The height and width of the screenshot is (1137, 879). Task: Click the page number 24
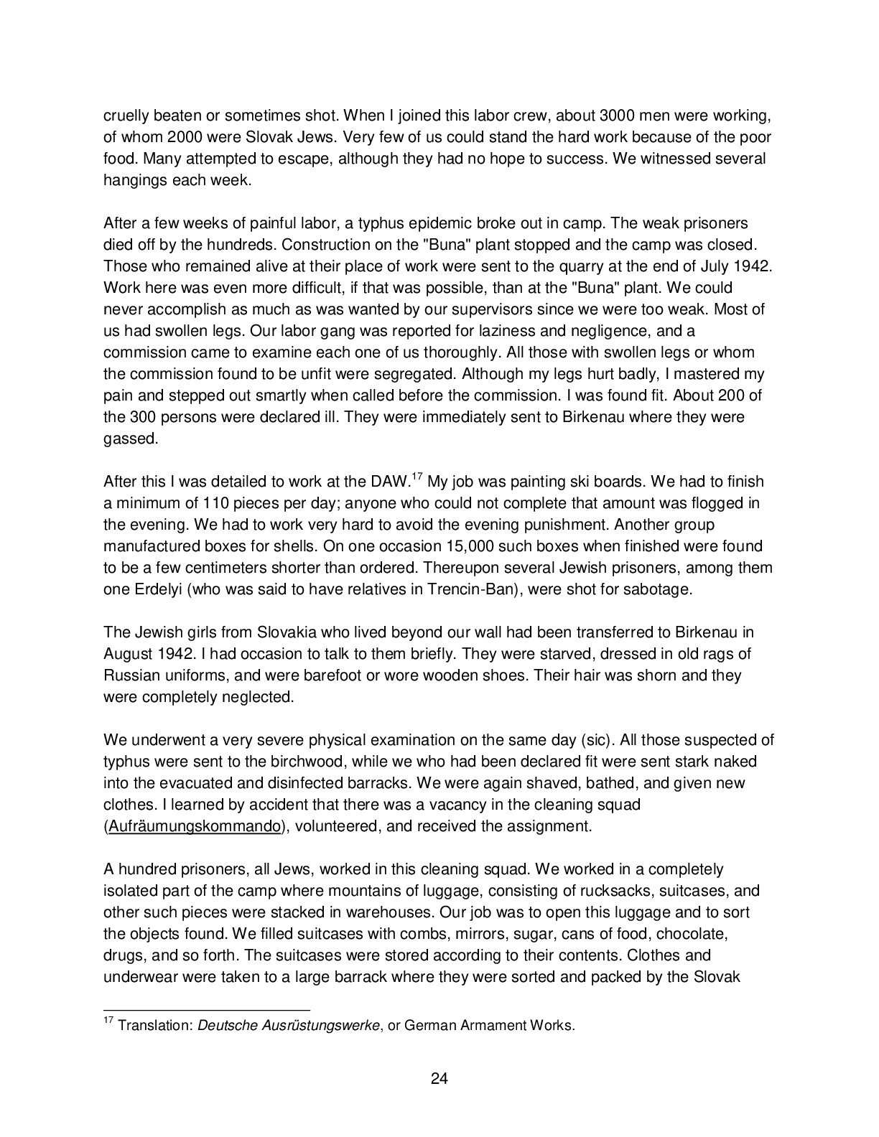coord(439,1078)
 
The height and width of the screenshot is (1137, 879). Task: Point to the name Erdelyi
coord(148,589)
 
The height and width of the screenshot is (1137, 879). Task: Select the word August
coord(127,654)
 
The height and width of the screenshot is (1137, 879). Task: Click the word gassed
coord(130,439)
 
